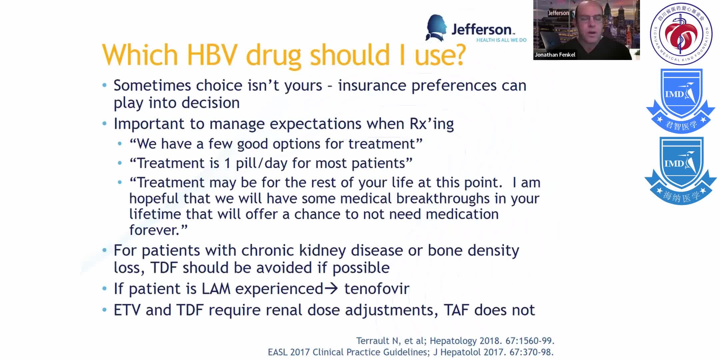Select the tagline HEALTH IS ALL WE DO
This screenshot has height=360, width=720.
(501, 40)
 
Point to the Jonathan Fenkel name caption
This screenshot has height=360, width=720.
(555, 55)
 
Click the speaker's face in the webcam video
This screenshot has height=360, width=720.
(593, 20)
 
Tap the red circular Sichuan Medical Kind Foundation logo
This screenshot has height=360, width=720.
(681, 34)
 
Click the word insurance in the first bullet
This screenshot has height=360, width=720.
(372, 85)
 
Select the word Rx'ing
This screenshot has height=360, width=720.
(432, 124)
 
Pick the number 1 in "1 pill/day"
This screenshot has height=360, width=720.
(227, 163)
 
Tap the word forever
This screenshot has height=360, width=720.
(154, 230)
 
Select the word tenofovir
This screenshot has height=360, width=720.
(377, 289)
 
